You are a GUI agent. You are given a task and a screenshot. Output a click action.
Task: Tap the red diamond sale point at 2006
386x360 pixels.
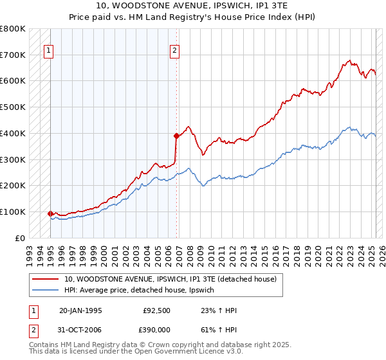pos(176,136)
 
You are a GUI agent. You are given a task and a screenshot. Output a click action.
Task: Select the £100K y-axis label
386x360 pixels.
pos(14,212)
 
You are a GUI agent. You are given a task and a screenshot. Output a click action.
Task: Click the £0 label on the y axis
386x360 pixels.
pos(19,239)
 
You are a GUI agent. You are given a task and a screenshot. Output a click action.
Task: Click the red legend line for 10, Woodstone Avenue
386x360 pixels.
pos(46,279)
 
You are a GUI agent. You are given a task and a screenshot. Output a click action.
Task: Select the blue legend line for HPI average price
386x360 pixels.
pos(46,291)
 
